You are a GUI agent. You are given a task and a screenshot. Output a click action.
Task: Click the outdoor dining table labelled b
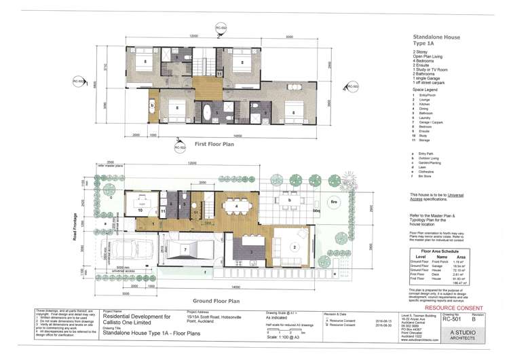click(289, 202)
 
